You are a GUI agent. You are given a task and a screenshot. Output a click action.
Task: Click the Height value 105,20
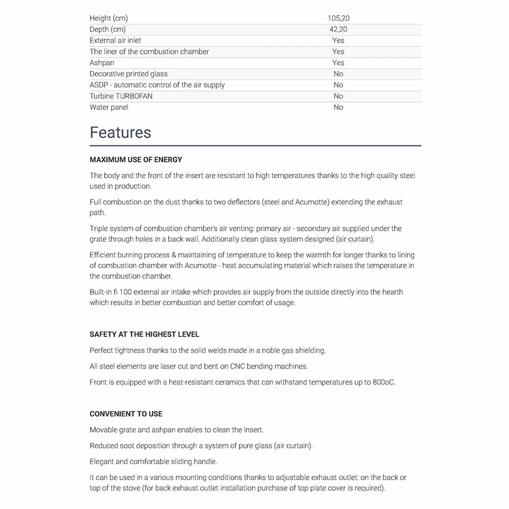coord(338,18)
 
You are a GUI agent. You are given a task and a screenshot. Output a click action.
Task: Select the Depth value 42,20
coord(338,30)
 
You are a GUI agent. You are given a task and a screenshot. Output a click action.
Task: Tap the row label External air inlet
coord(116,40)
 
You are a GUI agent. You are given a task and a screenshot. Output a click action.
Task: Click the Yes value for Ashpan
coord(338,63)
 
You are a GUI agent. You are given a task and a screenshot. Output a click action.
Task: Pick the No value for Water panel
coord(338,107)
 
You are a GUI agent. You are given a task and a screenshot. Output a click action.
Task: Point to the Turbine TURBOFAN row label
coord(121,96)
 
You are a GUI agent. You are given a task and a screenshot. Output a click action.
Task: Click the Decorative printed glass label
coord(129,74)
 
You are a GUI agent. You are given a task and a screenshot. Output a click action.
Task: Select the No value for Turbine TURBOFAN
coord(338,96)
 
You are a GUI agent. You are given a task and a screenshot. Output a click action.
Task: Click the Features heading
coord(121,132)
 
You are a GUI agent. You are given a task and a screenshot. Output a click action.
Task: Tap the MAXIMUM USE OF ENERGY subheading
coord(136,160)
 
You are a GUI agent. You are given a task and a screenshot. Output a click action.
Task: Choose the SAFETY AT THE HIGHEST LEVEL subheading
coord(145,334)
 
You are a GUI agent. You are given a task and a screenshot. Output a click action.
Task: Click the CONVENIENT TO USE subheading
coord(126,414)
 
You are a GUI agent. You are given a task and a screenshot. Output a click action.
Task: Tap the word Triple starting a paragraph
coord(100,229)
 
